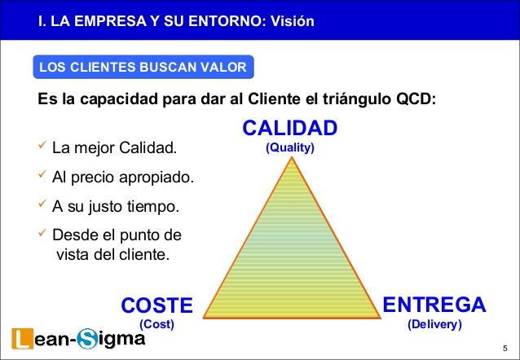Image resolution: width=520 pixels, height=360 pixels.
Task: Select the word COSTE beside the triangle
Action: (156, 305)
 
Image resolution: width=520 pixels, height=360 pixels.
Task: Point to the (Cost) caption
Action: (157, 323)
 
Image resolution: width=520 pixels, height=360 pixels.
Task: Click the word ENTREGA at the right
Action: (434, 305)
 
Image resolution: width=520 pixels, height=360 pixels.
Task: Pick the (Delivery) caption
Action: (434, 323)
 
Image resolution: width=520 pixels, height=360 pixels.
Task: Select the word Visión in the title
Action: (290, 19)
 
